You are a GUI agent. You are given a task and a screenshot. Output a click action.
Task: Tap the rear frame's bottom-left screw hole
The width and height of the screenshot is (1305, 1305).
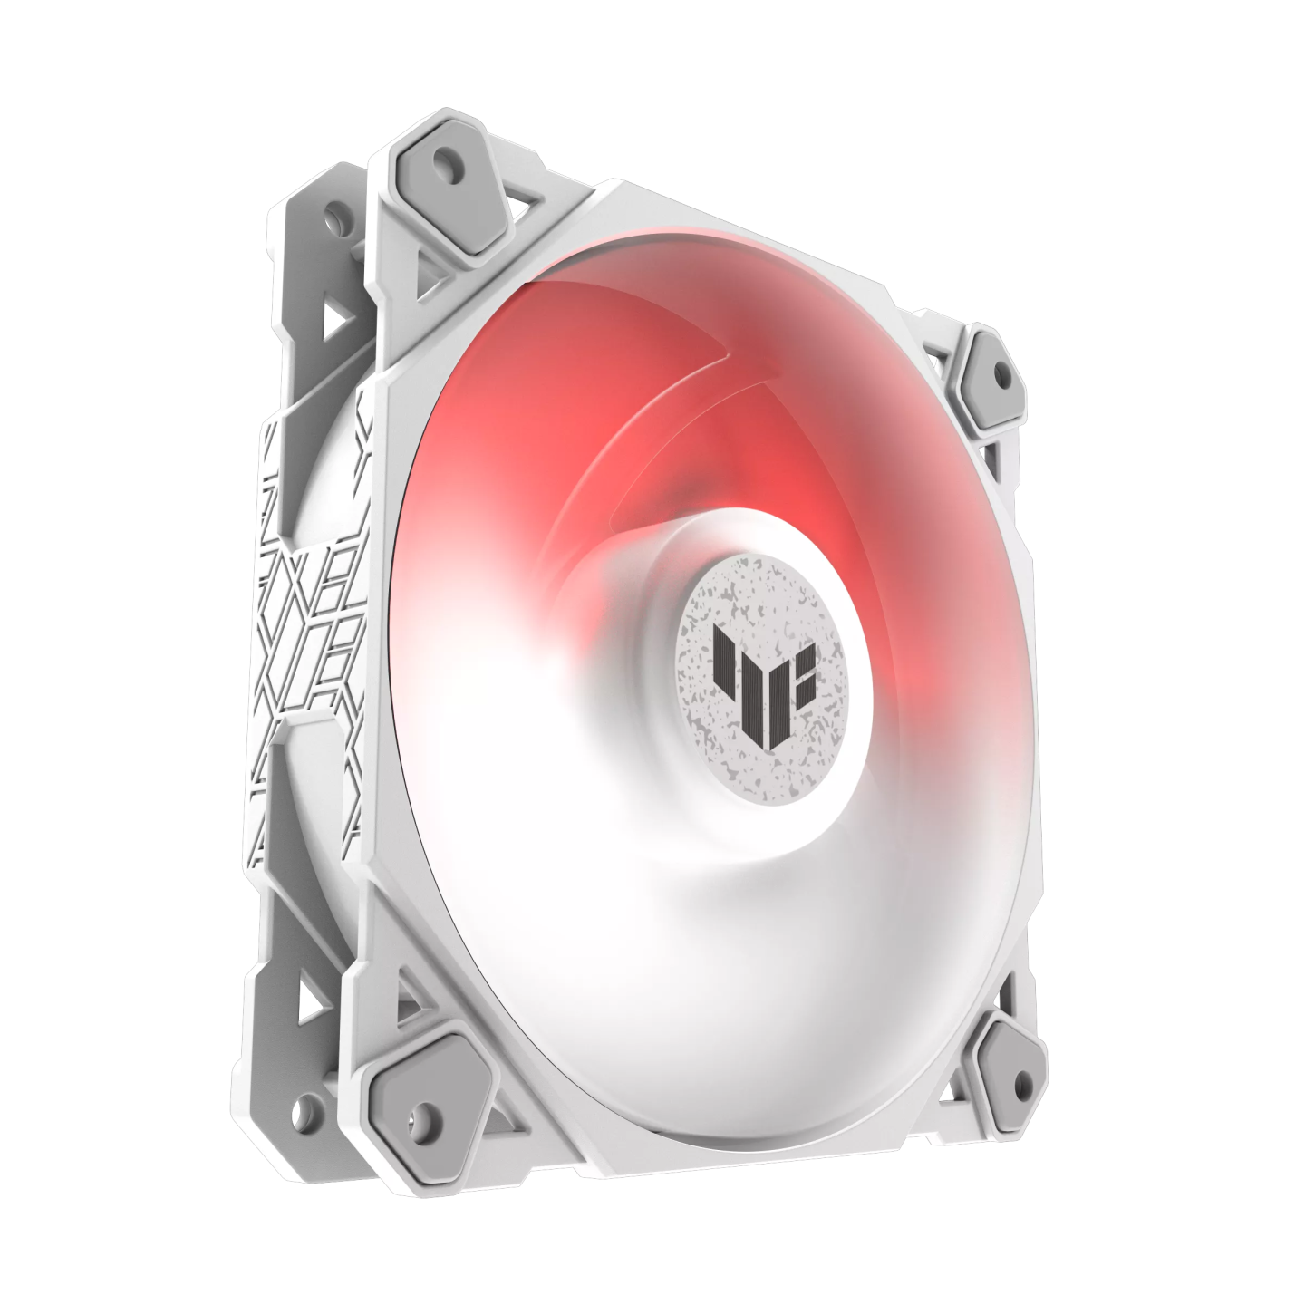pyautogui.click(x=309, y=1107)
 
